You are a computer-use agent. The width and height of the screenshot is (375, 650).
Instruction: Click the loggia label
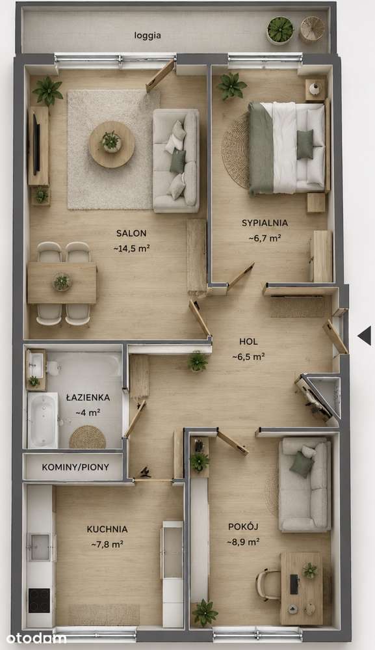click(x=148, y=36)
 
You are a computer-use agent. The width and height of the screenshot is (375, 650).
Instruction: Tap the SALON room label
click(x=131, y=234)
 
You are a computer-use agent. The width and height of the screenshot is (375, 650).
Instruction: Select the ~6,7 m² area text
click(x=265, y=238)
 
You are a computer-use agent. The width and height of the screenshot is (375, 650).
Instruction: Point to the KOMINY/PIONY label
click(x=75, y=467)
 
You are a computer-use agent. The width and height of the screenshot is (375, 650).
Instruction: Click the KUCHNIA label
click(x=107, y=530)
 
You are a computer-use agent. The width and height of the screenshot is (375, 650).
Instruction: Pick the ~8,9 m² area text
click(x=243, y=542)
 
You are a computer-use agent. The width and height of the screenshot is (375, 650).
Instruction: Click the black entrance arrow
click(x=365, y=335)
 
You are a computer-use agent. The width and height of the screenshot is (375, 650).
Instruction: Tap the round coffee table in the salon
click(x=111, y=144)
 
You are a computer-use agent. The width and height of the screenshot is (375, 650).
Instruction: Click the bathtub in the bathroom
click(x=43, y=420)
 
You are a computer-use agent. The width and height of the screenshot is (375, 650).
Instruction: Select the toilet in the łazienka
click(x=53, y=367)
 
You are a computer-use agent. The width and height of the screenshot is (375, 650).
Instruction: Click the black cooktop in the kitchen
click(x=40, y=601)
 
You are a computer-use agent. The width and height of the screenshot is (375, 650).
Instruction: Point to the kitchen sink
click(x=40, y=547)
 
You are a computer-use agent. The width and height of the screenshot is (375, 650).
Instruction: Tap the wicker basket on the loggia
click(x=313, y=29)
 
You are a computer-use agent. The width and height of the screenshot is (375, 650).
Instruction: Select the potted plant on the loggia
click(x=280, y=30)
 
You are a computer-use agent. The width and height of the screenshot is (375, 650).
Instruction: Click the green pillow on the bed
click(x=305, y=144)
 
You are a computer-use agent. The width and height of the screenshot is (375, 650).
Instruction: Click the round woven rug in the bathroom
click(x=87, y=437)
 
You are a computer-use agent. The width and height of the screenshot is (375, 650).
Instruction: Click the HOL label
click(x=248, y=342)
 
